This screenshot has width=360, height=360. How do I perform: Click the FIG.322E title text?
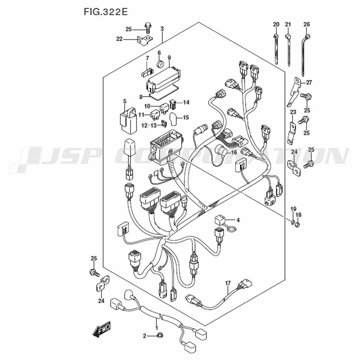[x=105, y=12]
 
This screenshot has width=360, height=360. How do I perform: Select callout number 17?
[x=228, y=283]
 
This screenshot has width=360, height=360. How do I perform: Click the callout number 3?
[x=162, y=29]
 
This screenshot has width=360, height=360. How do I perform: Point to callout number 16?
[x=234, y=152]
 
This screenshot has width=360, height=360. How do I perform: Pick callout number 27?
[x=309, y=82]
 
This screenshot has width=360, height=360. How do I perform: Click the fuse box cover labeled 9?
[x=163, y=78]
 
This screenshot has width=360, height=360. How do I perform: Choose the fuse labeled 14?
[x=173, y=104]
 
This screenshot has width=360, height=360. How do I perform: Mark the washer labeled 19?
[x=293, y=222]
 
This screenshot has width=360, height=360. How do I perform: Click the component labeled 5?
[x=128, y=120]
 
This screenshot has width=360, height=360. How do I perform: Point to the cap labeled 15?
[x=173, y=120]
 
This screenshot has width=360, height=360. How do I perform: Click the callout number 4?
[x=238, y=220]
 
